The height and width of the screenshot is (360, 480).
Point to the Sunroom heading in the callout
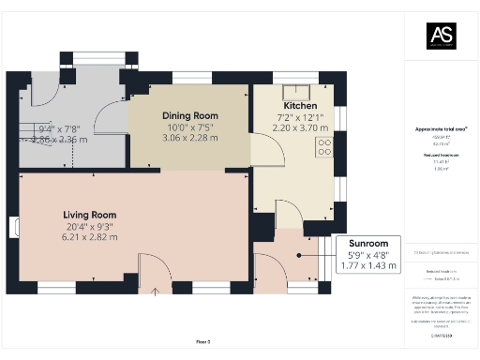click(368, 243)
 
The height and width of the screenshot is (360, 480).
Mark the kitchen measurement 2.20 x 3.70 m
click(300, 127)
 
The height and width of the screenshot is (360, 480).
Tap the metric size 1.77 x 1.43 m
click(368, 266)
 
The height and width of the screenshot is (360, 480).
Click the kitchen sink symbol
click(289, 92)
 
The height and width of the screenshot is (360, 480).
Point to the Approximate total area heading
click(441, 128)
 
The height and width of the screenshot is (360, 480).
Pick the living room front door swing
click(150, 266)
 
